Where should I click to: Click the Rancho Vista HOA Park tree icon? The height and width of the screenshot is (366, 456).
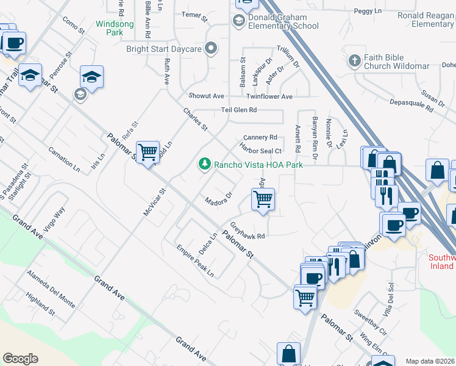[x=205, y=163]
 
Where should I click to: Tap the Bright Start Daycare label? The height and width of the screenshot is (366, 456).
[x=163, y=49]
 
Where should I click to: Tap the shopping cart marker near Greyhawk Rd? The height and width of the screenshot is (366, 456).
[x=263, y=199]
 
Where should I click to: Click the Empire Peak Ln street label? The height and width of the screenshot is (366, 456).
[x=195, y=260]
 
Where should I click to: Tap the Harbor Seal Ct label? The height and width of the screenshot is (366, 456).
[x=260, y=150]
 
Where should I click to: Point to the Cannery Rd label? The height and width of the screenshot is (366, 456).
[x=260, y=137]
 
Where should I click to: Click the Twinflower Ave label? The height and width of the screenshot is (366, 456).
[x=269, y=96]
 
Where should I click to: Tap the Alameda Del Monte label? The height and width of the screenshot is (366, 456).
[x=51, y=289]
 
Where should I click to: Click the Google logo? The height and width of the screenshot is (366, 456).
[x=20, y=358]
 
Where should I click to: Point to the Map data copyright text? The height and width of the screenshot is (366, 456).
[x=430, y=361]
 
